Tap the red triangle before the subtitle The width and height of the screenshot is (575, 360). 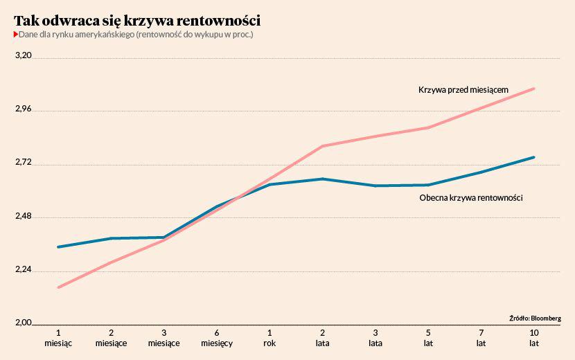(x=16, y=34)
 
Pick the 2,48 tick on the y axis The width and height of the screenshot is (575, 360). (x=24, y=215)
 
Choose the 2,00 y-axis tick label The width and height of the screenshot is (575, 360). (x=24, y=323)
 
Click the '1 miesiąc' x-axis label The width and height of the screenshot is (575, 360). (x=58, y=337)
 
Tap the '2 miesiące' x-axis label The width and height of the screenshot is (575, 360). (x=111, y=337)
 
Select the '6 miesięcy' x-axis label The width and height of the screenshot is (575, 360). (x=217, y=337)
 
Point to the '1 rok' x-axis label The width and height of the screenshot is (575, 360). (x=269, y=337)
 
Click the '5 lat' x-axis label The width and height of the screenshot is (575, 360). (x=428, y=337)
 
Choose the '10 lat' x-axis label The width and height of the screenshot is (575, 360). (x=533, y=337)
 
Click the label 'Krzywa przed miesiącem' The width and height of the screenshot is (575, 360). (x=463, y=89)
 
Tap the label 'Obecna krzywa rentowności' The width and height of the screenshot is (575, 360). (x=470, y=198)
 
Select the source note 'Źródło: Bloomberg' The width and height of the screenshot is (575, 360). (x=534, y=318)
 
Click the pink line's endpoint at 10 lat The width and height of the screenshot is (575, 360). (x=534, y=89)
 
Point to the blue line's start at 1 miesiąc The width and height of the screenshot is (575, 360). (x=58, y=247)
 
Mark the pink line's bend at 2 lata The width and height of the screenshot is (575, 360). (x=323, y=146)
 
